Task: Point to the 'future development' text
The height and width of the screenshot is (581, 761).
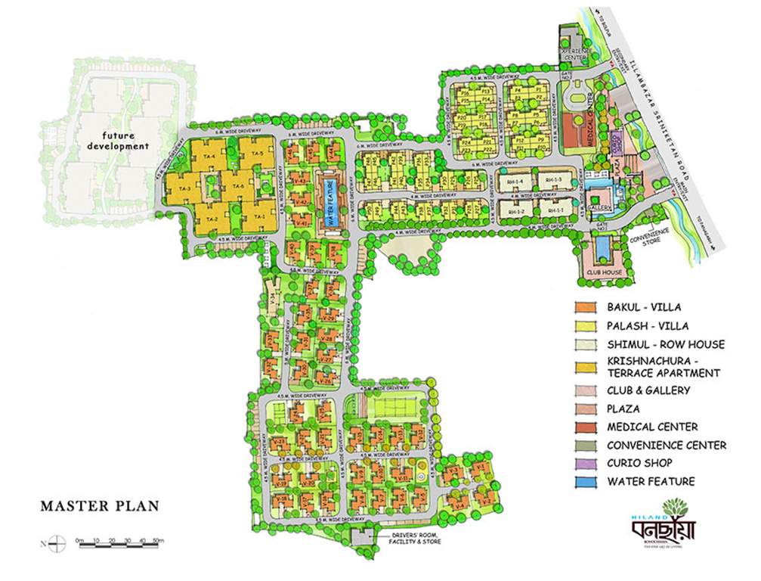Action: [117, 141]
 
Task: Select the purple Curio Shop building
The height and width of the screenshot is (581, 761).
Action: [616, 141]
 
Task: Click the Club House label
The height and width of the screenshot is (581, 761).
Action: [602, 272]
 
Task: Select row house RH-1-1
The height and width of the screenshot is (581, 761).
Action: [557, 210]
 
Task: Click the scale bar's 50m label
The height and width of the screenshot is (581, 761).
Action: [157, 540]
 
